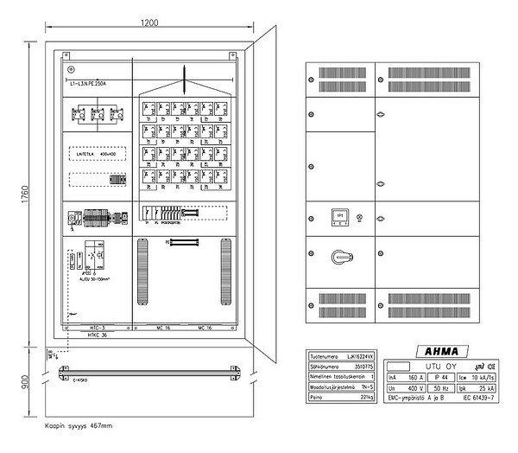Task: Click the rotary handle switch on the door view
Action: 338,258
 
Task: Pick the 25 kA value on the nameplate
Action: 464,390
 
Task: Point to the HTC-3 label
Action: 95,329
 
